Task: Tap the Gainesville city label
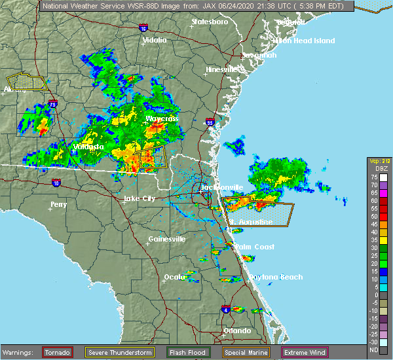(x=167, y=239)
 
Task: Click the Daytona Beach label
(x=275, y=277)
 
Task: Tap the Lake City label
(x=140, y=198)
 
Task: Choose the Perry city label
(x=58, y=204)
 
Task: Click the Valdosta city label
(x=88, y=147)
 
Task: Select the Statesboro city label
(x=210, y=22)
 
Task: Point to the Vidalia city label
(x=155, y=40)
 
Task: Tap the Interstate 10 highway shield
(x=57, y=183)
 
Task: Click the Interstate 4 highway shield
(x=225, y=309)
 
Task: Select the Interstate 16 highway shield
(x=143, y=28)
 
